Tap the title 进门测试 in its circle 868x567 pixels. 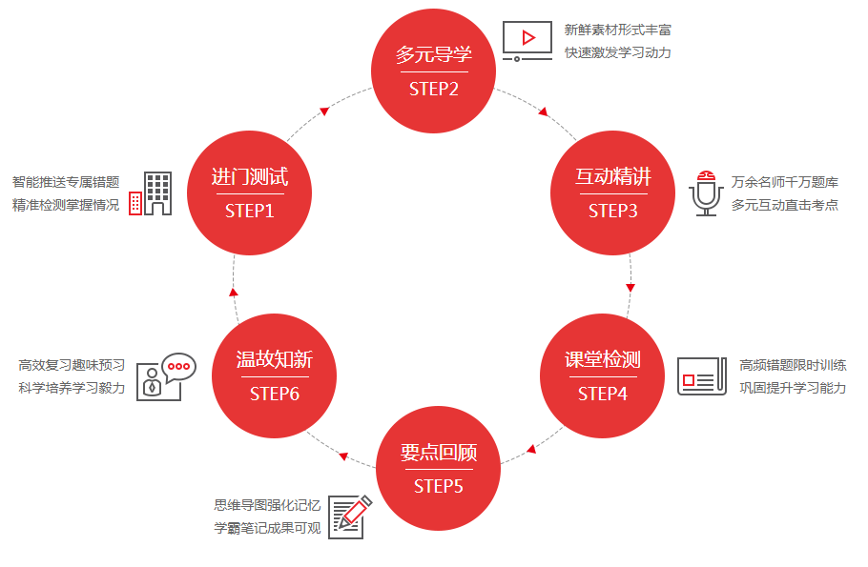(x=250, y=177)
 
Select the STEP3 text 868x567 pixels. (x=613, y=211)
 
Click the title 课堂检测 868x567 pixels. (x=603, y=360)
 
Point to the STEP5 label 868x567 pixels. (x=439, y=486)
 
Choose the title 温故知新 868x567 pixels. (x=275, y=360)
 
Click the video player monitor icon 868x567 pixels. (x=527, y=41)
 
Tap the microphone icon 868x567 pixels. (x=706, y=193)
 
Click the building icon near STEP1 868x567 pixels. (x=151, y=193)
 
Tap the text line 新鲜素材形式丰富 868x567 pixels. (x=618, y=30)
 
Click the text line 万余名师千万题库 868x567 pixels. (x=785, y=181)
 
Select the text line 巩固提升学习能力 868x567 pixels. (x=793, y=388)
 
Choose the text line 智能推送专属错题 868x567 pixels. (x=66, y=181)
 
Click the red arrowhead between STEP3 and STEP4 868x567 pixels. (x=630, y=286)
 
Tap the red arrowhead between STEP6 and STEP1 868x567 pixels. (x=234, y=291)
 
